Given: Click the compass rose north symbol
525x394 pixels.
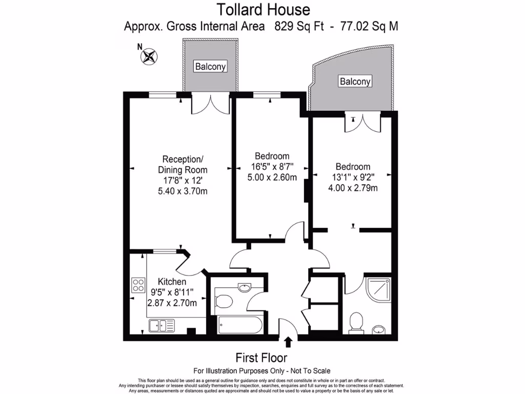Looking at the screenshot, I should [149, 55].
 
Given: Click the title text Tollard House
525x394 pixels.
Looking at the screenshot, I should [263, 9].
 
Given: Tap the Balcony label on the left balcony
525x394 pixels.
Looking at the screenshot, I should [210, 66].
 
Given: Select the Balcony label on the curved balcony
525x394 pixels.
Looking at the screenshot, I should [355, 81].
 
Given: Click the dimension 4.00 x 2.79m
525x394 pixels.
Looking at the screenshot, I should [353, 188].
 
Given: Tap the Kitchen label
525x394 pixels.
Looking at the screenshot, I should [172, 282].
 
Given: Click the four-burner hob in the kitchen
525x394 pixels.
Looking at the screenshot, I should [138, 285].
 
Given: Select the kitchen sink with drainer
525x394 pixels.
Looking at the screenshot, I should [160, 325].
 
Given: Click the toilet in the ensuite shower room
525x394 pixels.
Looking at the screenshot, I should [355, 323].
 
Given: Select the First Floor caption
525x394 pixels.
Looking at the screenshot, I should [261, 357].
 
